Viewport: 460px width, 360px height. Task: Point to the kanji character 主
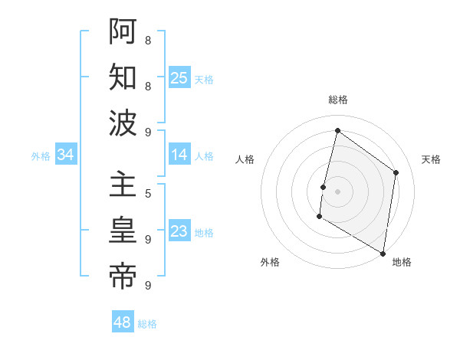(123, 186)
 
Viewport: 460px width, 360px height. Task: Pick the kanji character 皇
(123, 231)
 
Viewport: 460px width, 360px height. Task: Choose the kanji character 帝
(123, 277)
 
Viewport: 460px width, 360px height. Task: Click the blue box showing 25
(179, 77)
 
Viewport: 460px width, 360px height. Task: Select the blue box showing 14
(179, 155)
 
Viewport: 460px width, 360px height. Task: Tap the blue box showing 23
(179, 231)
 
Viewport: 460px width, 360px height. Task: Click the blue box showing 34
(65, 155)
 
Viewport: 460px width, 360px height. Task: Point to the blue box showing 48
(122, 322)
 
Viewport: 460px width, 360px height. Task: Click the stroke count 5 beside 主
(147, 194)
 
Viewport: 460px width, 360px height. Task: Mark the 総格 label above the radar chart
(337, 100)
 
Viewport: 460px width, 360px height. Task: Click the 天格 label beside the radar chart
(431, 159)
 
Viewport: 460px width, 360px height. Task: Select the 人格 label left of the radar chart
(245, 159)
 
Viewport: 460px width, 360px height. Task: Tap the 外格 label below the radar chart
(270, 262)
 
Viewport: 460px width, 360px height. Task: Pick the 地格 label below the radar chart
(402, 262)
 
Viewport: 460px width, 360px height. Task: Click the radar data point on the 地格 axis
(383, 253)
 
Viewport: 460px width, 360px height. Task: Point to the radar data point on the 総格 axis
(337, 131)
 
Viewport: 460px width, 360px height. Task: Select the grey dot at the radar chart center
(337, 191)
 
